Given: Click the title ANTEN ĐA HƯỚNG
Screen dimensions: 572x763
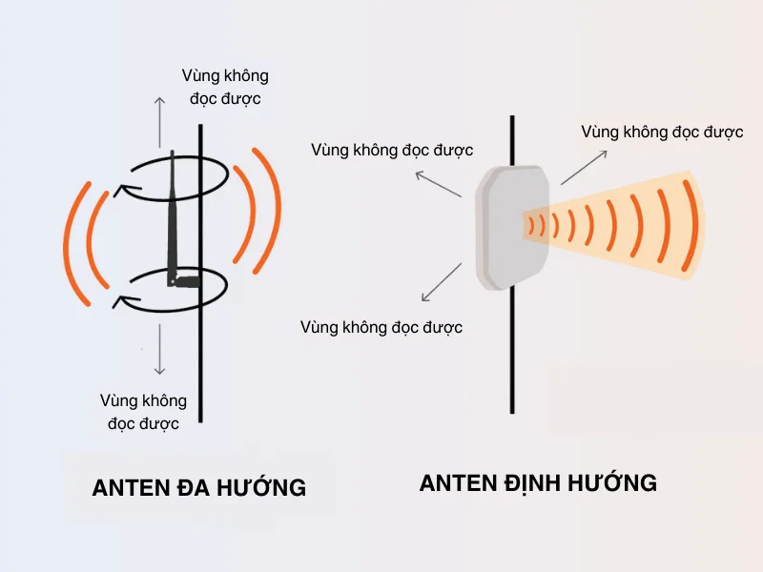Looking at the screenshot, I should pos(198,487).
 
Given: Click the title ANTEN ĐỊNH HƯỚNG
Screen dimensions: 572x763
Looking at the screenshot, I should pos(538,482).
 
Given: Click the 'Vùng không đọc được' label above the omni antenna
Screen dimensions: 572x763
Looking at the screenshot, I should pos(225,86).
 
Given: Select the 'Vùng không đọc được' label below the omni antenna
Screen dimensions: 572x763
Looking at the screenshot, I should pos(143,412).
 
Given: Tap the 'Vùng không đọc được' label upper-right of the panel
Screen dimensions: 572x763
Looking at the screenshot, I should pos(662,132).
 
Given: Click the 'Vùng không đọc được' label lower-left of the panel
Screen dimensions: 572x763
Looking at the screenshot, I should pos(381,327).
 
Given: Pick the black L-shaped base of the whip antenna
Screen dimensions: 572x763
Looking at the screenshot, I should pos(185,280).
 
